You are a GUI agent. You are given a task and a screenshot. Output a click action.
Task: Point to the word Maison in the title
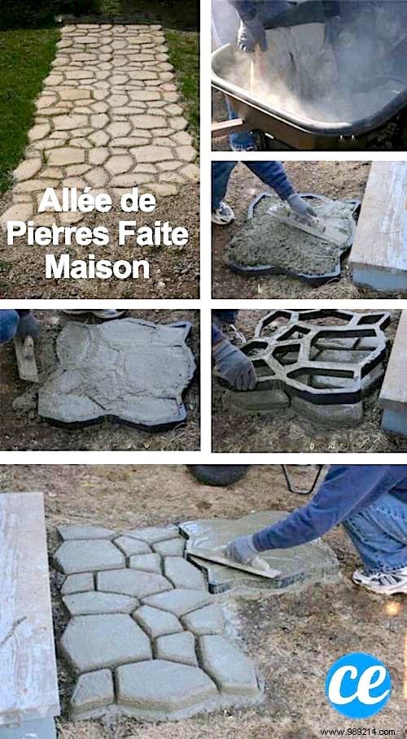[97, 267]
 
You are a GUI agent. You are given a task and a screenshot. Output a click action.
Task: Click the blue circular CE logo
[357, 685]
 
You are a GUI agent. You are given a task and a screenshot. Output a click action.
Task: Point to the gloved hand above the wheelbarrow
[252, 34]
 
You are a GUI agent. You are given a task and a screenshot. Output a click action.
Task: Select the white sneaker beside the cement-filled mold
[222, 213]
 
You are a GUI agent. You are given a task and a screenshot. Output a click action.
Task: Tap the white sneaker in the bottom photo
[380, 580]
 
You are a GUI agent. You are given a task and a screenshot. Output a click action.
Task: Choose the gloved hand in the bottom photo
[243, 550]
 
